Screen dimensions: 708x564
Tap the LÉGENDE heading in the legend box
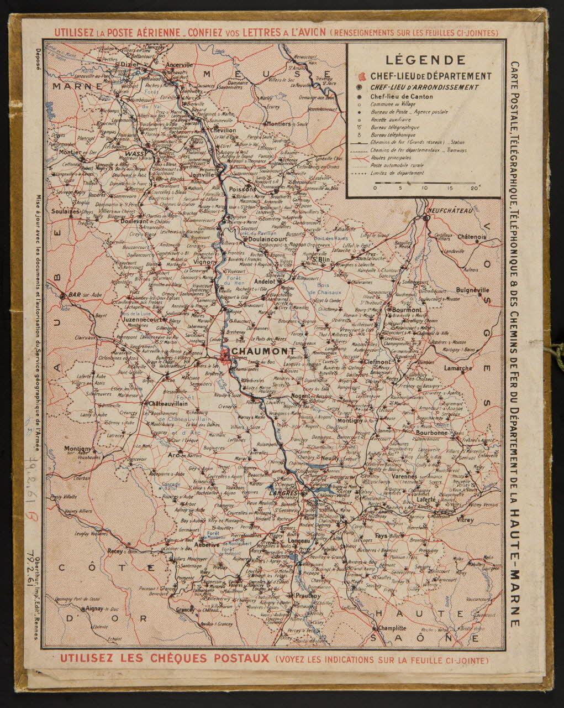click(425, 60)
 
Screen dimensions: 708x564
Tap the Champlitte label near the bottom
click(392, 628)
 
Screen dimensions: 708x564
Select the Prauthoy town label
click(308, 596)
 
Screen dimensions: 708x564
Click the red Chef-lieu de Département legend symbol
click(361, 76)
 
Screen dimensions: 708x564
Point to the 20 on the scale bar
click(473, 188)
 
